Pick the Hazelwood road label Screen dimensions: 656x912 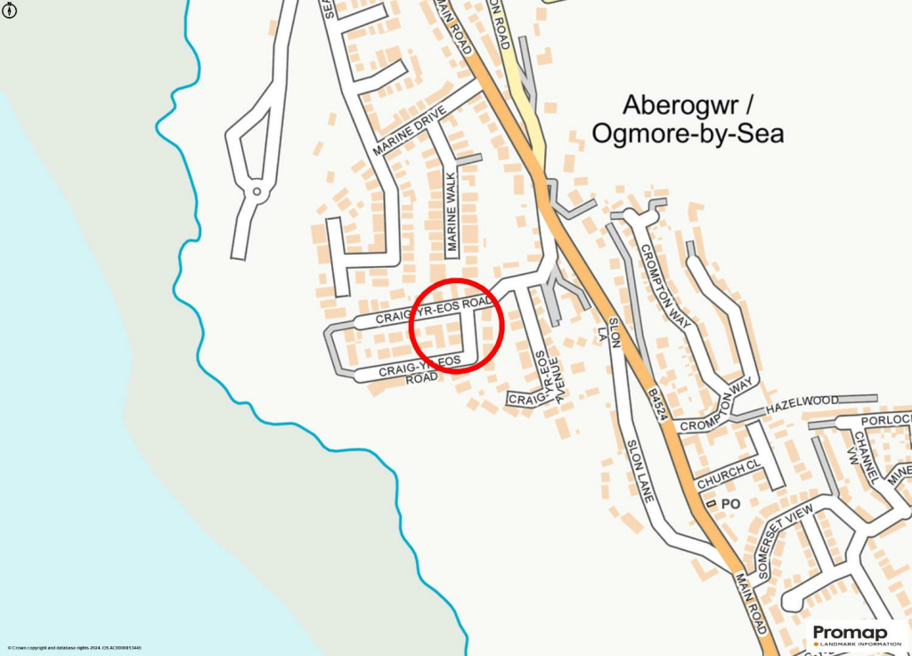pyautogui.click(x=802, y=402)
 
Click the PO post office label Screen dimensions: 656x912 pyautogui.click(x=731, y=504)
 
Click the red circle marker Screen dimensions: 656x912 pyautogui.click(x=457, y=326)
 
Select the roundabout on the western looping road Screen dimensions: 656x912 pyautogui.click(x=256, y=190)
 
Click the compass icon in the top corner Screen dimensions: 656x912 pyautogui.click(x=8, y=9)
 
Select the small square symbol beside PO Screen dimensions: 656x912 pyautogui.click(x=711, y=504)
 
